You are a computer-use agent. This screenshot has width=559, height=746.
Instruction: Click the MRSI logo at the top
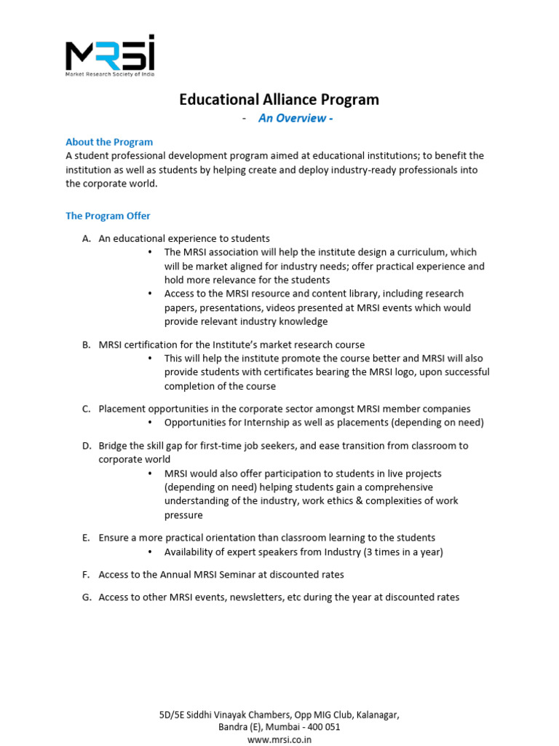click(109, 54)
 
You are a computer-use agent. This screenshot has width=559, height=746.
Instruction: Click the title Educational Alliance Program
click(279, 100)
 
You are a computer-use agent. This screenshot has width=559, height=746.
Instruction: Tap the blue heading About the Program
click(109, 142)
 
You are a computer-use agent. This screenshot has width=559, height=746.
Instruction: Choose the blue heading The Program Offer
click(108, 216)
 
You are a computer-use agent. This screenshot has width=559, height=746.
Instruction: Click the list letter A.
click(86, 238)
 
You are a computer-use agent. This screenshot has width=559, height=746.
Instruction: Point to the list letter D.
click(86, 446)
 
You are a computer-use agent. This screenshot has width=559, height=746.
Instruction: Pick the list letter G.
click(86, 597)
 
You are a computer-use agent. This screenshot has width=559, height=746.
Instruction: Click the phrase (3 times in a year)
click(392, 552)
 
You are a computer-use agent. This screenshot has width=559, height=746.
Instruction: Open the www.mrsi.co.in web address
click(279, 739)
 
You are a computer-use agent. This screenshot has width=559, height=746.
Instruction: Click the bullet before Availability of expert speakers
click(150, 552)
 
